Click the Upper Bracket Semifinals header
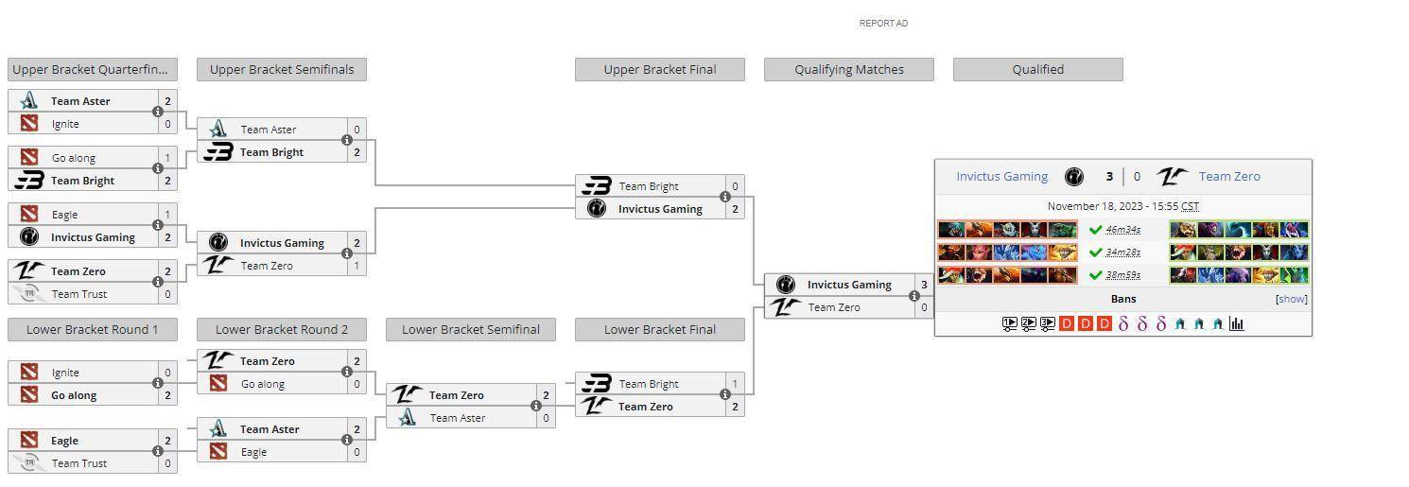pos(282,70)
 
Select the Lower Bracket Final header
pos(660,330)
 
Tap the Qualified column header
pos(1038,70)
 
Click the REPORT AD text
pos(883,24)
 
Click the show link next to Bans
pos(1292,299)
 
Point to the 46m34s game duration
pos(1122,230)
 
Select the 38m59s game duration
pos(1122,275)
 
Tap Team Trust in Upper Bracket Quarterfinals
pos(79,294)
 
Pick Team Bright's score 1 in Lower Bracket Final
pos(735,384)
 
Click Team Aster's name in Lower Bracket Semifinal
pos(458,418)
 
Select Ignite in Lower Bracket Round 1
pos(65,373)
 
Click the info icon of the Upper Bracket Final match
pos(724,197)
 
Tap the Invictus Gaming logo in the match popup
pos(1073,177)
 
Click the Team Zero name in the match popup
pos(1229,177)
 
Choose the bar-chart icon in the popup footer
pos(1237,323)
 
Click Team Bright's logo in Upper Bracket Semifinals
pos(218,151)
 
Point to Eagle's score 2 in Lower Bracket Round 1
pos(167,441)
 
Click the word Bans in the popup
pos(1123,299)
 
